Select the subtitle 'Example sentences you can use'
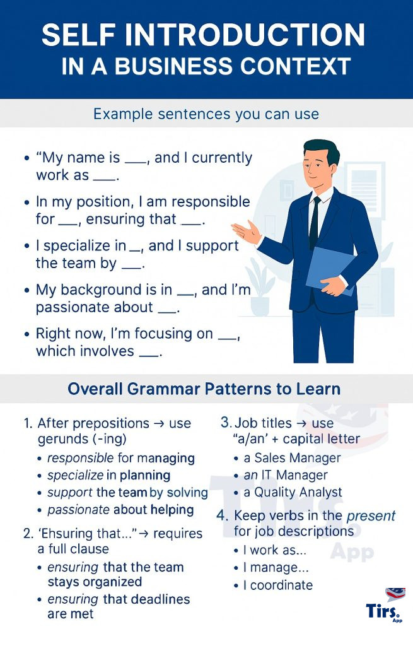click(x=206, y=114)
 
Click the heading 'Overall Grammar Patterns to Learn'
click(x=204, y=389)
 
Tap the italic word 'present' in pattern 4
click(x=371, y=516)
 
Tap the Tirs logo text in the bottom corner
click(x=381, y=611)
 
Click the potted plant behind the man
click(x=260, y=288)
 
